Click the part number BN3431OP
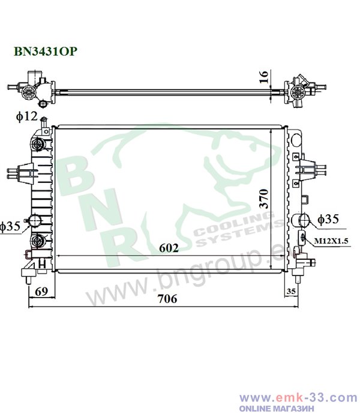tap(46, 51)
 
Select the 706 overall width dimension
tap(167, 299)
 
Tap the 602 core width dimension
tap(169, 248)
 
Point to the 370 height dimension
tap(264, 199)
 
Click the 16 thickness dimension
tap(264, 77)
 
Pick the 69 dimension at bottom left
tap(41, 292)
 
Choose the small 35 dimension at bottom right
tap(291, 291)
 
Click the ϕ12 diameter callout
tap(26, 116)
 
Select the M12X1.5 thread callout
tap(331, 241)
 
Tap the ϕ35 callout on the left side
tap(10, 226)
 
